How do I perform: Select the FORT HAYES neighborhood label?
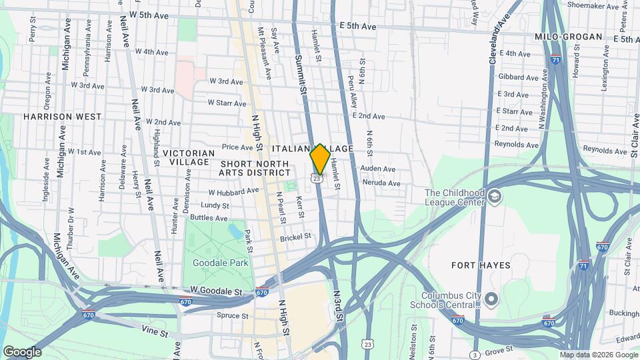(481, 265)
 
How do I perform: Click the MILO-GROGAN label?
(569, 37)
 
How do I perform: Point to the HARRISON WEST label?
(62, 117)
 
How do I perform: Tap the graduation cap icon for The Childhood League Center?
(494, 197)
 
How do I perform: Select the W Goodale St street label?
(215, 291)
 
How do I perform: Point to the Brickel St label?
(295, 237)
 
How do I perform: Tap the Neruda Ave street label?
(380, 183)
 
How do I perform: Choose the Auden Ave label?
(378, 169)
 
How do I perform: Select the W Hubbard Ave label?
(233, 191)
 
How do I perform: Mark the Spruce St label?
(232, 315)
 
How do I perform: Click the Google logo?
(22, 352)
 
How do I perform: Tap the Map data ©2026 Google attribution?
(599, 355)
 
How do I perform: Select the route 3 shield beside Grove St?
(475, 354)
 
